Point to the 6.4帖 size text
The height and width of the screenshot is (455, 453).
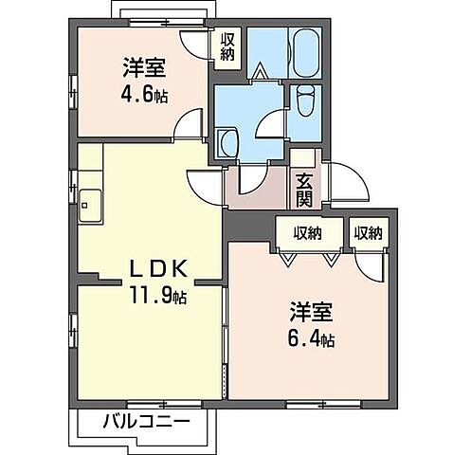tap(310, 337)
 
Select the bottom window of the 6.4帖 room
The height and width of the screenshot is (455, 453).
tap(311, 403)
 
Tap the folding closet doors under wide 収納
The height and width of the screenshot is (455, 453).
tap(307, 255)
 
